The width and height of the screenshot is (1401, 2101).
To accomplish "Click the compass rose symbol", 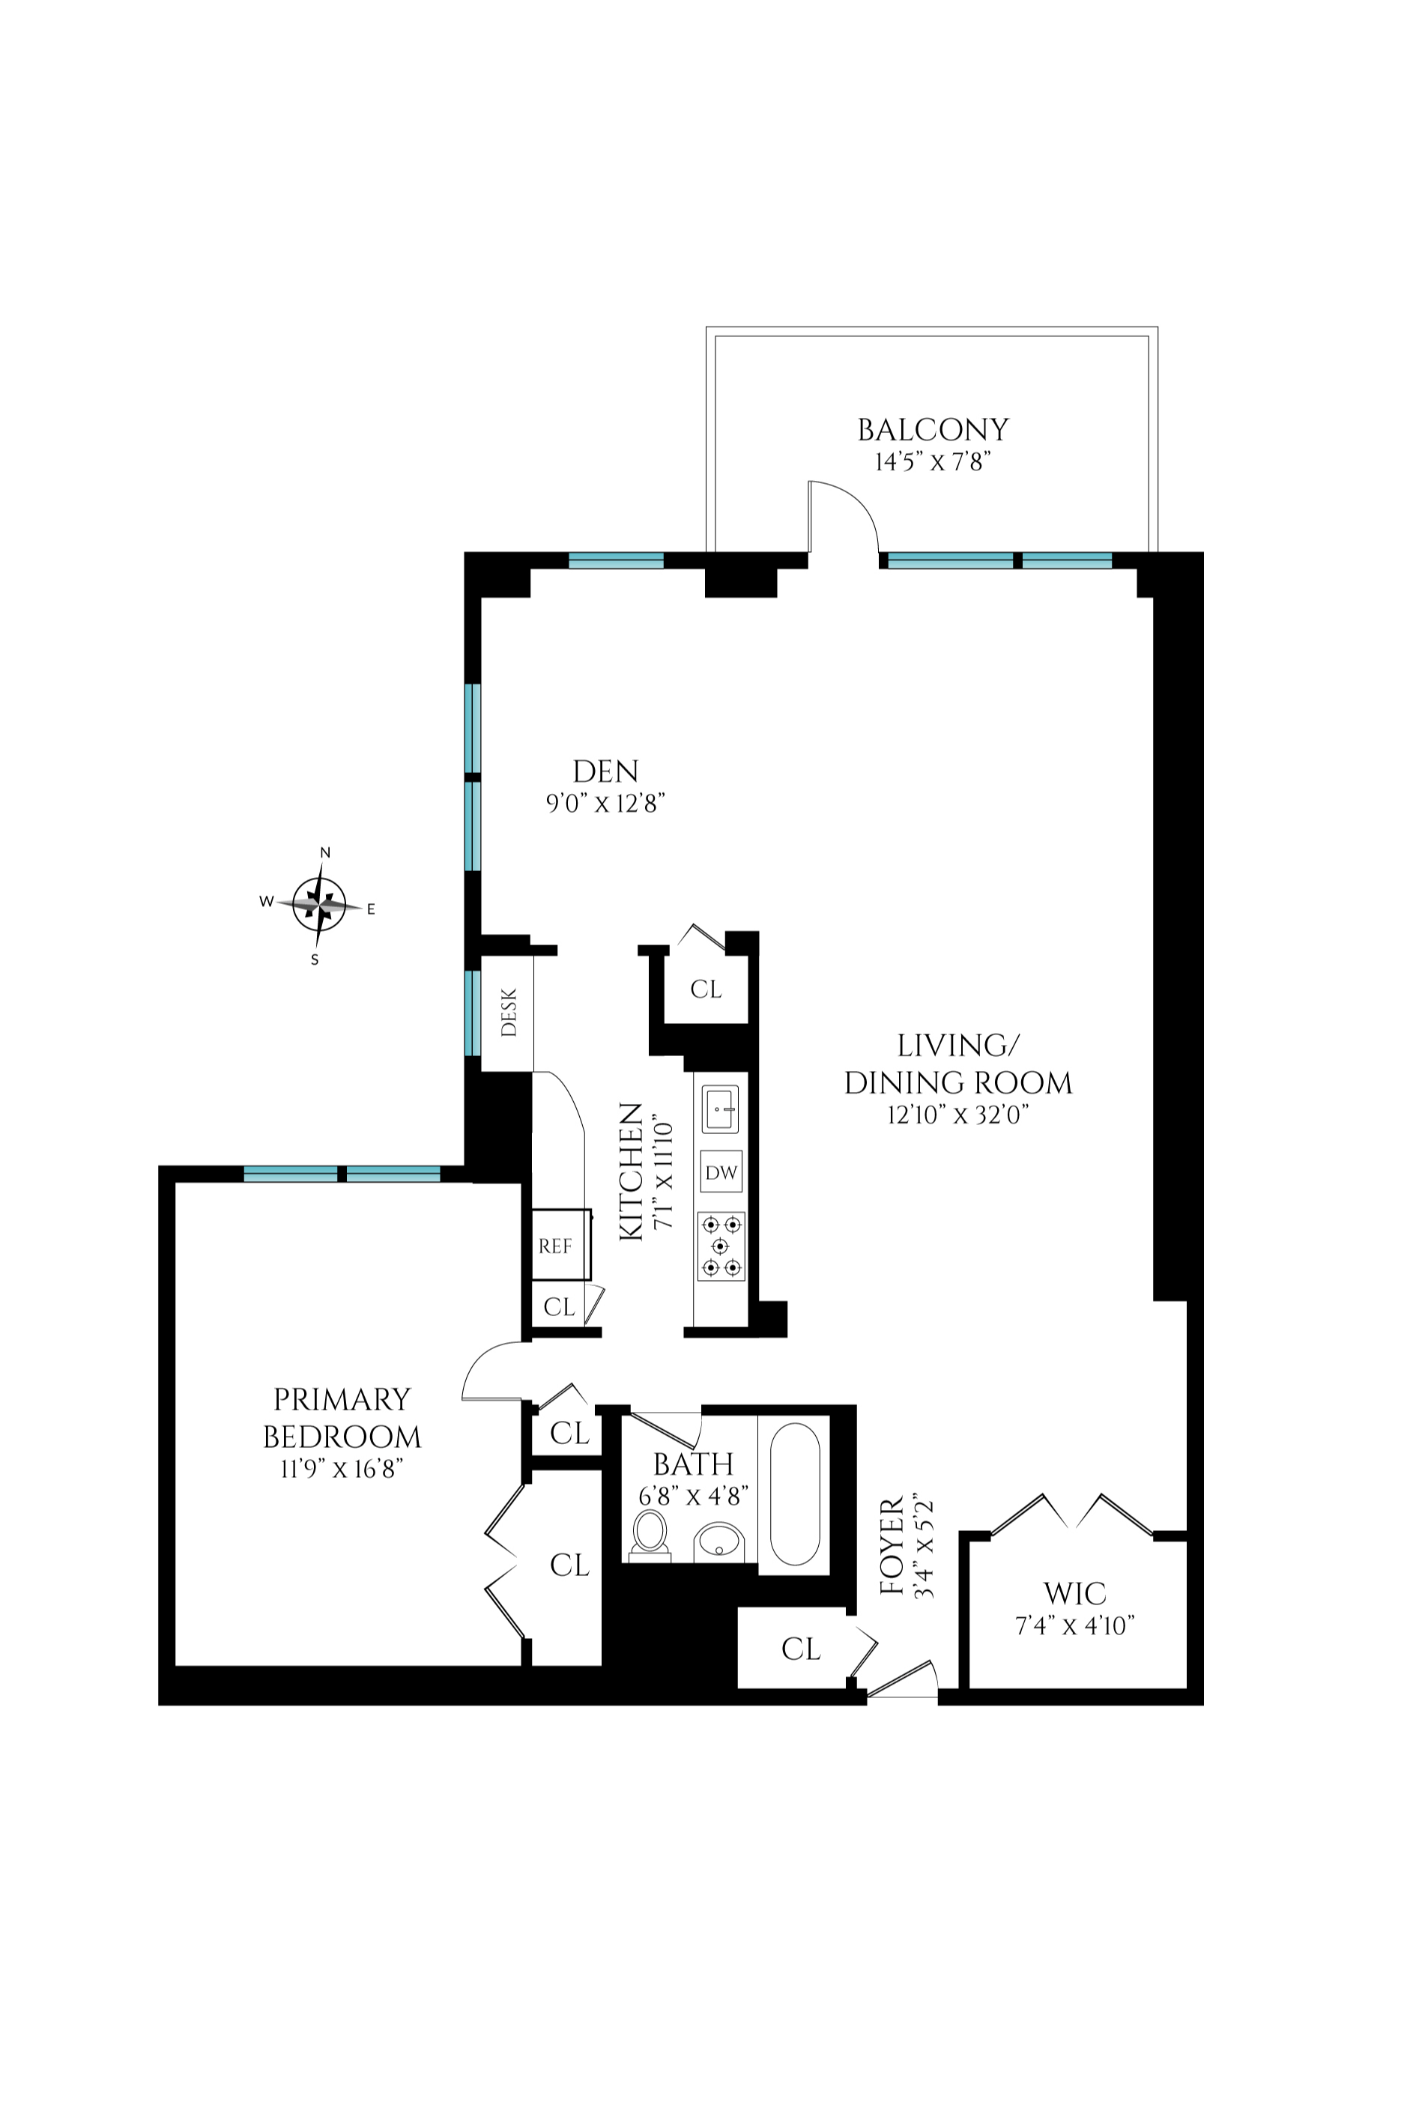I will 320,905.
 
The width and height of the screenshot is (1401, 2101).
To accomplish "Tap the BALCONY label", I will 933,431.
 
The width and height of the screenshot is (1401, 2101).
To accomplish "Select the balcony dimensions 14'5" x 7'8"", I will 933,463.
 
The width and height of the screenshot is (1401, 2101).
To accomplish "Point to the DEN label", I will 606,771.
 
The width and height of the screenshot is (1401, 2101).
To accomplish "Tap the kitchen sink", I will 720,1109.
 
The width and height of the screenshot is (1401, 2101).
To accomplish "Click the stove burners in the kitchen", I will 721,1246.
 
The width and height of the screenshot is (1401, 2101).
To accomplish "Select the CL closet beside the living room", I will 706,989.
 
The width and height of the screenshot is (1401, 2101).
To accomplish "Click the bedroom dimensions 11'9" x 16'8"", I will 342,1469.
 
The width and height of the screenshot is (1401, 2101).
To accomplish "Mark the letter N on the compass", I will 325,852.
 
